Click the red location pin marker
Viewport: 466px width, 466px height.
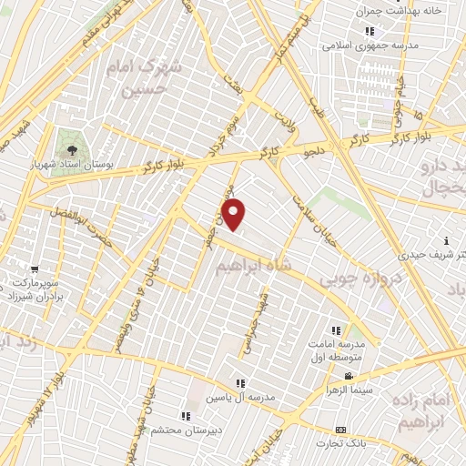point(235,215)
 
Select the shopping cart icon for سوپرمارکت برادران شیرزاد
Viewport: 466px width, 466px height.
point(35,268)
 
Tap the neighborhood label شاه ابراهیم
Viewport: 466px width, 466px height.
point(255,267)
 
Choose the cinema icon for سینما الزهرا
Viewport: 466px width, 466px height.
point(349,376)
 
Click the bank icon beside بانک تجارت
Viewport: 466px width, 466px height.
point(340,430)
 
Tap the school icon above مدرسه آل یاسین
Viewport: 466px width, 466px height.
point(240,383)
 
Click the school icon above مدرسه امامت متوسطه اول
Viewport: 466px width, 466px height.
point(336,331)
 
